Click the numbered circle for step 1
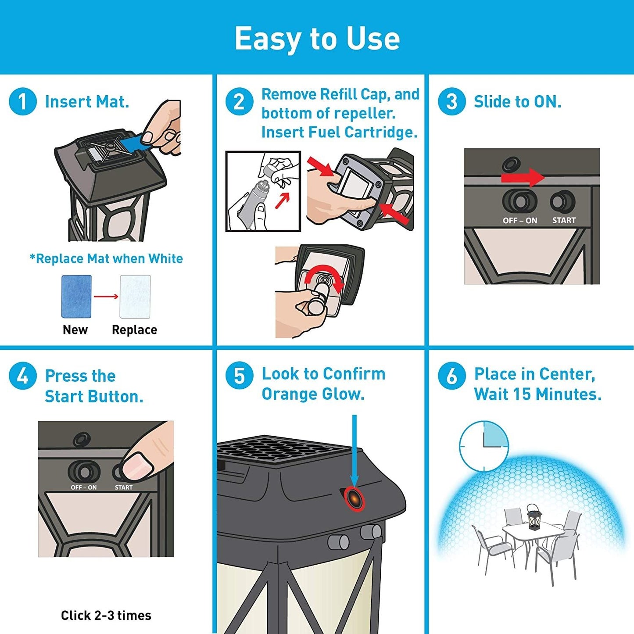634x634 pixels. point(22,101)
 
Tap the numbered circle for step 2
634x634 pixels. point(239,101)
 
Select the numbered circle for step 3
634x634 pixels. point(452,101)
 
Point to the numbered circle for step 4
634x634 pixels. point(22,376)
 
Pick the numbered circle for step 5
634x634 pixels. point(239,376)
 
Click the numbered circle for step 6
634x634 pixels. point(452,376)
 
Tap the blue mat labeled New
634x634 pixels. point(76,297)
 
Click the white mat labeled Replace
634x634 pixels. point(135,297)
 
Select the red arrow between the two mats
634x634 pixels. point(106,297)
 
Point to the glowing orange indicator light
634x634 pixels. point(355,500)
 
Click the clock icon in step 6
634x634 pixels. point(484,447)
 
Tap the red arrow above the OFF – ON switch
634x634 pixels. point(523,178)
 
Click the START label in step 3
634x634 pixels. point(564,220)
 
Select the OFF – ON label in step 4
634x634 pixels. point(83,487)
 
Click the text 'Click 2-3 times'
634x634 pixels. point(106,615)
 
